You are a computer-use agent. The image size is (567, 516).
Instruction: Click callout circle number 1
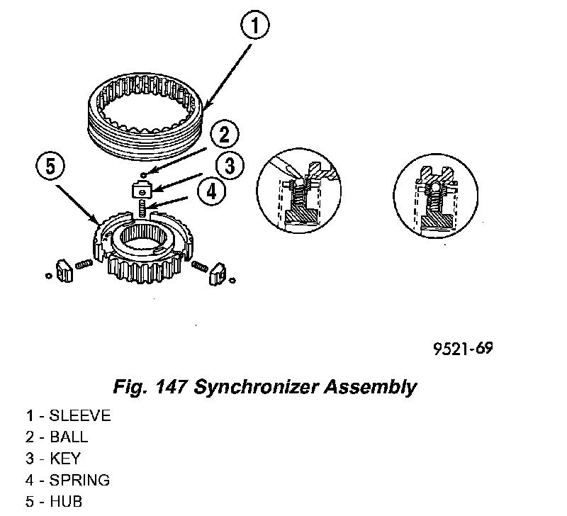[x=254, y=28]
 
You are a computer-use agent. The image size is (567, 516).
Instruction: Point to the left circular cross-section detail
[x=297, y=191]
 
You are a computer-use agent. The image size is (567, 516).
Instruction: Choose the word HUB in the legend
[x=66, y=501]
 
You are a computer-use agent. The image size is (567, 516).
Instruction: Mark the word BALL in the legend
[x=69, y=437]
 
